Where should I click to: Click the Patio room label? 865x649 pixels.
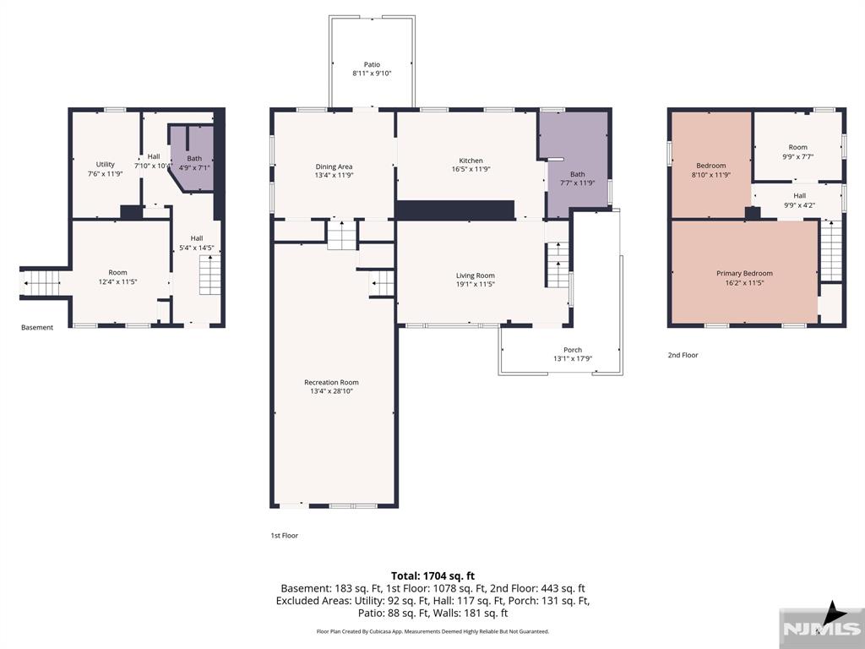(x=372, y=64)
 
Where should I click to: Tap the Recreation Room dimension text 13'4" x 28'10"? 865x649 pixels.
(x=331, y=391)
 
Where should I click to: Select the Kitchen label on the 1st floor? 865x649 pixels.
(x=471, y=161)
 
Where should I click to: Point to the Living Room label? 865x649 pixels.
(x=475, y=275)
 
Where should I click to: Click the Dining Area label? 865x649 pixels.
(x=334, y=166)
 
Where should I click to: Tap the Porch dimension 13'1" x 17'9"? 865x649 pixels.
(x=573, y=358)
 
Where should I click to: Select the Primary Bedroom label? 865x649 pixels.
(x=744, y=273)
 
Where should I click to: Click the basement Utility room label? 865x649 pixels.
(x=106, y=165)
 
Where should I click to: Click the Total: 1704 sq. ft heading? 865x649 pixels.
(x=432, y=576)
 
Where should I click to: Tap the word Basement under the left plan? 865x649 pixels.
(x=37, y=327)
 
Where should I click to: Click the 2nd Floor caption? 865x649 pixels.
(x=683, y=355)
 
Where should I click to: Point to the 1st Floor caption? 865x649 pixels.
(x=284, y=535)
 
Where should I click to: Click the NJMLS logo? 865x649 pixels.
(x=821, y=628)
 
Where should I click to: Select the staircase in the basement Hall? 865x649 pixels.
(x=210, y=275)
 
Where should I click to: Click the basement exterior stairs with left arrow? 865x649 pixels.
(x=42, y=283)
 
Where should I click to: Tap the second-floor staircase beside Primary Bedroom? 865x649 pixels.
(x=831, y=251)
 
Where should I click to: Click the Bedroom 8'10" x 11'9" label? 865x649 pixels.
(x=711, y=170)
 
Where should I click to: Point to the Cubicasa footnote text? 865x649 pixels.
(x=432, y=631)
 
